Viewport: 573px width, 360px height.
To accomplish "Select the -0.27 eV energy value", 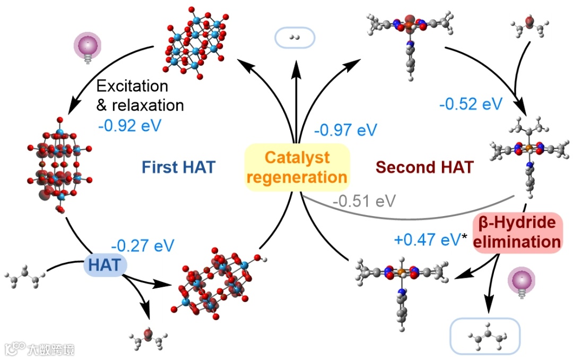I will click(x=142, y=246).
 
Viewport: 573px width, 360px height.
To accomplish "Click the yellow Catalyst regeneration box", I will click(x=297, y=167).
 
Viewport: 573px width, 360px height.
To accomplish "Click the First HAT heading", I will click(x=178, y=168).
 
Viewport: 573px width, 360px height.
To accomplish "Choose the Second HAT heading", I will click(x=424, y=168).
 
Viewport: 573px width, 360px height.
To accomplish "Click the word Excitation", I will click(x=132, y=85).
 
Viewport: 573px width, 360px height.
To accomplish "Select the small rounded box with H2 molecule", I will click(x=294, y=38).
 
